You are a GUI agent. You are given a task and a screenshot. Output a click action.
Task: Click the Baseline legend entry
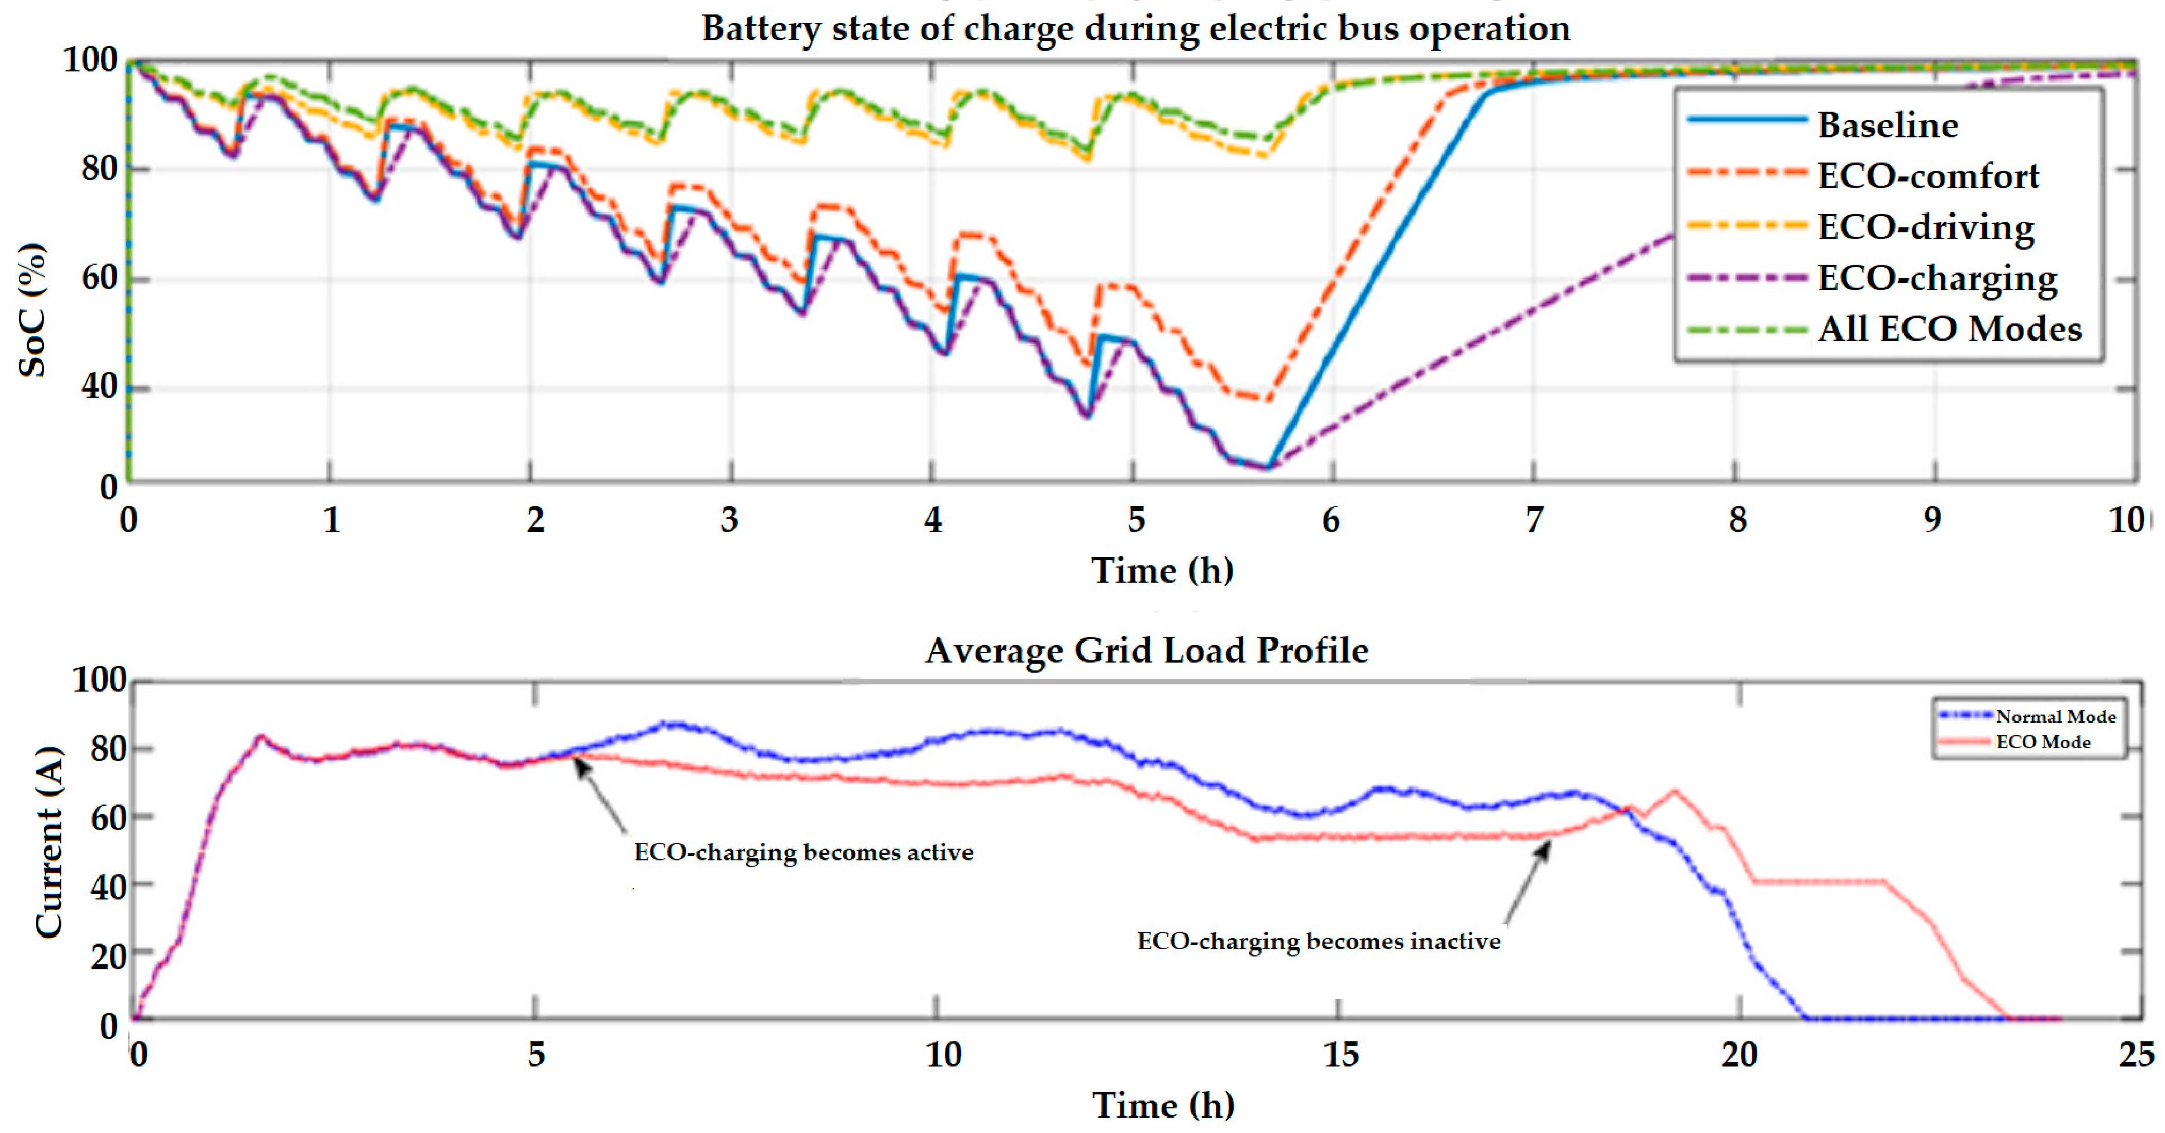coord(1887,125)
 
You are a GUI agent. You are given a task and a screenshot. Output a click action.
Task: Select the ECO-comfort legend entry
coord(1928,176)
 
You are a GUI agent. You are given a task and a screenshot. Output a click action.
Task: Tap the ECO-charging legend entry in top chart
coord(1937,278)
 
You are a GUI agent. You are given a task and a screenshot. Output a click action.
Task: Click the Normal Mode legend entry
coord(2055,716)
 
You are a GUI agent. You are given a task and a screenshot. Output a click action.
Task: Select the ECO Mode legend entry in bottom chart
coord(2042,742)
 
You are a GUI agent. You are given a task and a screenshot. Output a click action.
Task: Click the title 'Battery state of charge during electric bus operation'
coord(1136,28)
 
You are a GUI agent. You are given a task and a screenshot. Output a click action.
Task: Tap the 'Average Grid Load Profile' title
coord(1146,650)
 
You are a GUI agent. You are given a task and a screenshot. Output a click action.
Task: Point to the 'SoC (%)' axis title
coord(32,309)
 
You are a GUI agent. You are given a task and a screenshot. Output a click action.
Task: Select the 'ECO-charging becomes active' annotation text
coord(803,852)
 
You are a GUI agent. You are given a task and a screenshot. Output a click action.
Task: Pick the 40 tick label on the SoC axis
coord(99,387)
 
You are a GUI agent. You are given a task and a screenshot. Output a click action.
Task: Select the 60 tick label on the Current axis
coord(108,817)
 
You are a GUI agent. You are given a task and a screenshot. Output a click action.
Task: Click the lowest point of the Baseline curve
coord(1268,467)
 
